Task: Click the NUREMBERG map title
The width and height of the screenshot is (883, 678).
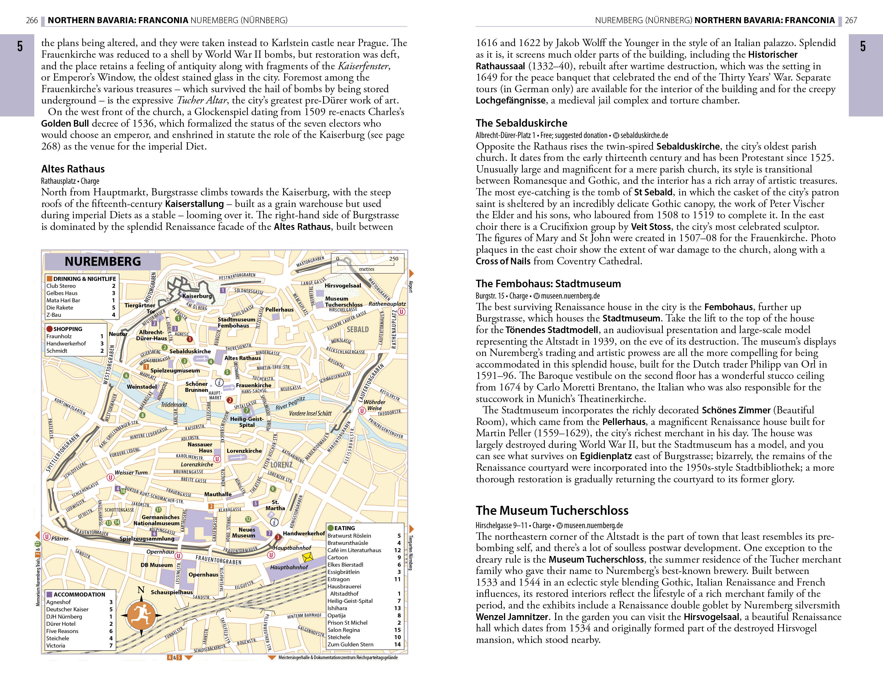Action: pyautogui.click(x=103, y=261)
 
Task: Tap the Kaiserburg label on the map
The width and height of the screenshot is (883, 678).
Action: pyautogui.click(x=197, y=296)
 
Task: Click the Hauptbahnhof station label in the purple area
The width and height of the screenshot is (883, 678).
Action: pyautogui.click(x=289, y=567)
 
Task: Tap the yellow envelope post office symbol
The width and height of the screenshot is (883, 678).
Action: pyautogui.click(x=307, y=557)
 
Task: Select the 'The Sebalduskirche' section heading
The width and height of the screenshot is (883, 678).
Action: pyautogui.click(x=521, y=123)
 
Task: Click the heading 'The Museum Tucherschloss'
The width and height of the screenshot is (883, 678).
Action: pyautogui.click(x=552, y=510)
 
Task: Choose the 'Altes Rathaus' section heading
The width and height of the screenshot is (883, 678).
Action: pyautogui.click(x=73, y=169)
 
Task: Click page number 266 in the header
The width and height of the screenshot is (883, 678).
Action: pyautogui.click(x=32, y=20)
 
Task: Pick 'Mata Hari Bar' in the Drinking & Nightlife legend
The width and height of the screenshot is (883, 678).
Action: pyautogui.click(x=63, y=300)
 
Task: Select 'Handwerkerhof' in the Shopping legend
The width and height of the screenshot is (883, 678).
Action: pyautogui.click(x=66, y=343)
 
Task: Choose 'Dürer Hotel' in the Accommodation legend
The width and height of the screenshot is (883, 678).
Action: pyautogui.click(x=61, y=624)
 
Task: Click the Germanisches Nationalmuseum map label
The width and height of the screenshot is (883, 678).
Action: pyautogui.click(x=156, y=520)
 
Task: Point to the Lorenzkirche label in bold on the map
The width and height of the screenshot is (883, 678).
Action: pyautogui.click(x=244, y=451)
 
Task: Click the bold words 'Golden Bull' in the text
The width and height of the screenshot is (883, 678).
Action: pyautogui.click(x=65, y=123)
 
